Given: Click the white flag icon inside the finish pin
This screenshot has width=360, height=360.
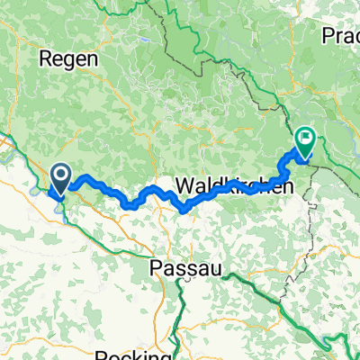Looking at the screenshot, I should pos(306,139).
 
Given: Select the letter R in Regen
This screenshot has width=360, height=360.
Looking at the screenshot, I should pos(45,59).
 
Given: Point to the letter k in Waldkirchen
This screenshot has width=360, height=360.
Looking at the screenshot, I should pos(225,187).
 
